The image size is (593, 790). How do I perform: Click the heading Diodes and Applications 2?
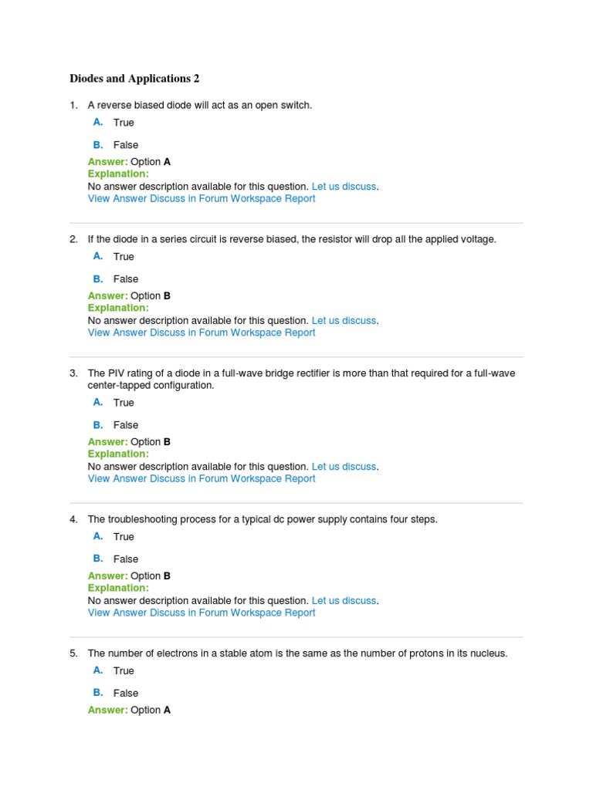coord(134,79)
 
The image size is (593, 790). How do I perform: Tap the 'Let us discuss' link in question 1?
coord(344,187)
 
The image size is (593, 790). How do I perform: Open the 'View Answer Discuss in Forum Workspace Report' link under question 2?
coord(202,333)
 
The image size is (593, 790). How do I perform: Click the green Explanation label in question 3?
coord(118,454)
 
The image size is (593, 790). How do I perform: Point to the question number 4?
coord(73,519)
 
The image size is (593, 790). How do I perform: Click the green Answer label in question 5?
coord(107,710)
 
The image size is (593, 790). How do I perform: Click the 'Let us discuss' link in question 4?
coord(344,601)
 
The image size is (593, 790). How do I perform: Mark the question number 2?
coord(73,239)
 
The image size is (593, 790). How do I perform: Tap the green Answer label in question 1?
coord(107,162)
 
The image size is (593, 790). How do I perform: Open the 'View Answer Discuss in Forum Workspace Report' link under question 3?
coord(202,478)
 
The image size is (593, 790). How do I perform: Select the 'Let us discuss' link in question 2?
coord(344,321)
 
